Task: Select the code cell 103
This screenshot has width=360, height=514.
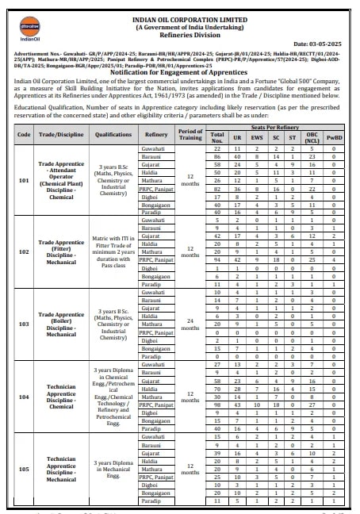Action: click(x=23, y=324)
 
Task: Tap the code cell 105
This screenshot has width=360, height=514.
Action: click(x=23, y=469)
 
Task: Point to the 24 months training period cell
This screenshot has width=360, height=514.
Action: click(x=190, y=324)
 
